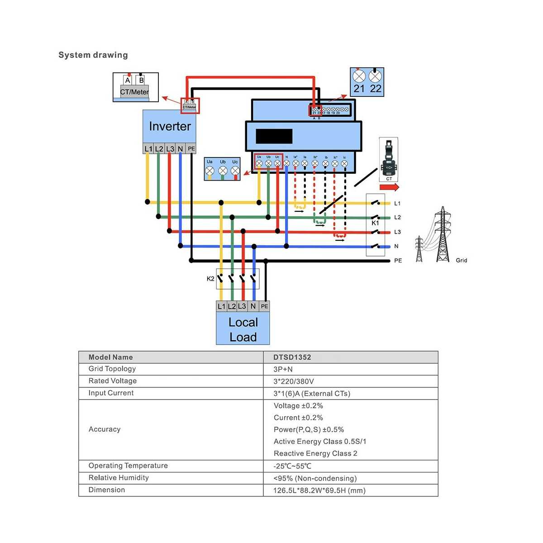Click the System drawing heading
point(93,55)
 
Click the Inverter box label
point(170,126)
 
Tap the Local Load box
point(243,329)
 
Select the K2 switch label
point(210,279)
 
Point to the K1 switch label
point(375,223)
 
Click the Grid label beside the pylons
point(461,261)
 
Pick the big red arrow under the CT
point(389,187)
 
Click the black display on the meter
point(274,136)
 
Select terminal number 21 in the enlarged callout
point(359,88)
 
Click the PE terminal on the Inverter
point(191,148)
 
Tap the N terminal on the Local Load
point(253,306)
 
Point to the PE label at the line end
point(398,261)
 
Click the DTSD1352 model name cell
point(292,357)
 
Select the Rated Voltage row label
point(113,381)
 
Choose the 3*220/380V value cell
point(294,381)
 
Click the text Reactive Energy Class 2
point(315,453)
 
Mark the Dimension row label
point(107,490)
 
